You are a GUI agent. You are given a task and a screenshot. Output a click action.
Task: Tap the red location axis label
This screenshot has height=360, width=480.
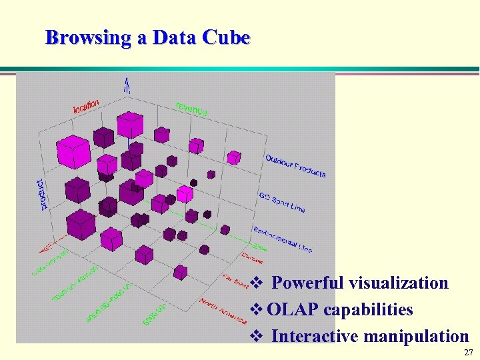coord(86,105)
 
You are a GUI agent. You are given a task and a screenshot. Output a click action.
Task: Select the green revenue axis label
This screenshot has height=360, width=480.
coord(191,109)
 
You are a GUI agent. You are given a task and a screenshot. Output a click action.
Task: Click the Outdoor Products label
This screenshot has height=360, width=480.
coord(295,165)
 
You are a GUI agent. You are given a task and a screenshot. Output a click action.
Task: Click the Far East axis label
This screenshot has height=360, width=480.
coord(235,281)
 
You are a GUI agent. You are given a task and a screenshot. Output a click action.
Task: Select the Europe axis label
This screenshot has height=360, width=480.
coord(252,257)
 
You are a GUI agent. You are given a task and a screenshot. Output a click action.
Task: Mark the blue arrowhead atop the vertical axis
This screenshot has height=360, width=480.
coord(126,83)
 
